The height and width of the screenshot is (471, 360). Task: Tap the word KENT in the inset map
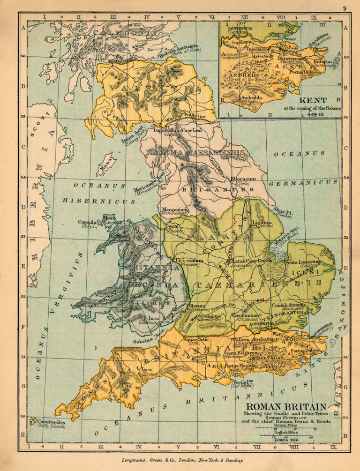pyautogui.click(x=311, y=100)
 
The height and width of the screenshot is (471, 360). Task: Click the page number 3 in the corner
pyautogui.click(x=344, y=8)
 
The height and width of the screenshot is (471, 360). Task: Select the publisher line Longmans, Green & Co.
pyautogui.click(x=180, y=461)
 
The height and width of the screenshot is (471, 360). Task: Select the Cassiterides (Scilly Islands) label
pyautogui.click(x=49, y=422)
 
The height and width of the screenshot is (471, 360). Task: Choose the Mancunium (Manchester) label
pyautogui.click(x=174, y=210)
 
